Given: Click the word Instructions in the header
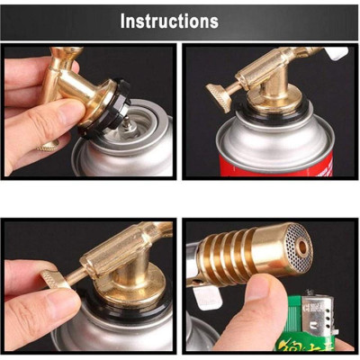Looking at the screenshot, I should (x=169, y=20).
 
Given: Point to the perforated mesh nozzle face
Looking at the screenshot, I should (x=295, y=247).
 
